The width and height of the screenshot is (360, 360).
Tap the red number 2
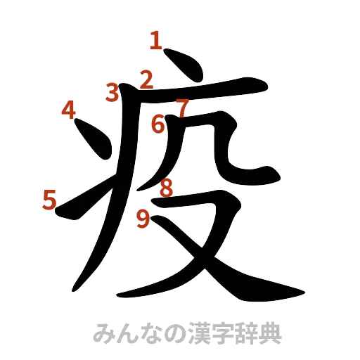(x=146, y=79)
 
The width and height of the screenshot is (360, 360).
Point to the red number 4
(x=68, y=110)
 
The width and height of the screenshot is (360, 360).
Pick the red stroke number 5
(x=49, y=200)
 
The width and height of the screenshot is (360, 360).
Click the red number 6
(x=158, y=125)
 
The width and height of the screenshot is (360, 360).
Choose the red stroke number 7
(x=182, y=109)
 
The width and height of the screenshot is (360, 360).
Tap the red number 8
(x=167, y=188)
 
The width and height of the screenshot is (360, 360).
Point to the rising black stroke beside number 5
(x=81, y=200)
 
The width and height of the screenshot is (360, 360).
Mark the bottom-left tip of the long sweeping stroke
(x=74, y=288)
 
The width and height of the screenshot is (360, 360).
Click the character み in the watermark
(x=103, y=332)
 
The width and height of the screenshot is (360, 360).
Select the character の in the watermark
(x=172, y=332)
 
